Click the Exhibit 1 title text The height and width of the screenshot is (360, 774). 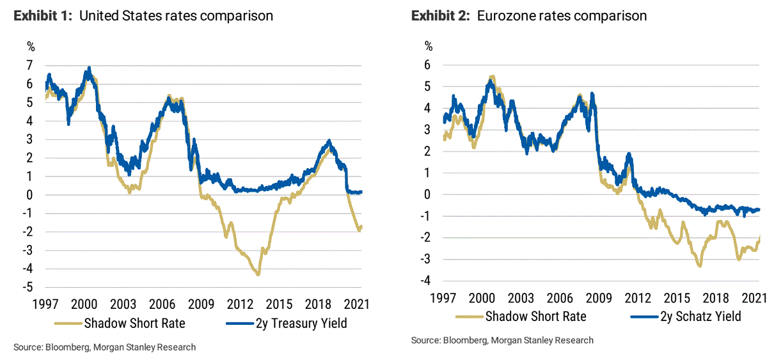[143, 16]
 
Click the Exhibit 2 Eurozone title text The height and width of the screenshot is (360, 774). [529, 16]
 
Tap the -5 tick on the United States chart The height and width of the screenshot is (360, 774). [28, 288]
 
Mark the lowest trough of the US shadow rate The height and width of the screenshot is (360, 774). [258, 274]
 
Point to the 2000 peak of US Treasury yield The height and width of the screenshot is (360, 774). [89, 68]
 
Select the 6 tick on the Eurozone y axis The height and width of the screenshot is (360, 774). [428, 65]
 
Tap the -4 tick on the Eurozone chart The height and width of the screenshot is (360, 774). [426, 281]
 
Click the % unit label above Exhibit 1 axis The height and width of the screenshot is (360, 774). [31, 46]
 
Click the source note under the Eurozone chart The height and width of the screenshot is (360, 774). [502, 340]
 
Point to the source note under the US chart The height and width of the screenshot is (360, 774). [104, 347]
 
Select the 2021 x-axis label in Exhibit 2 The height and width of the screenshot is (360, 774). [755, 298]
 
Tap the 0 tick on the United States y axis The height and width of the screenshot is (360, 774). [30, 195]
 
